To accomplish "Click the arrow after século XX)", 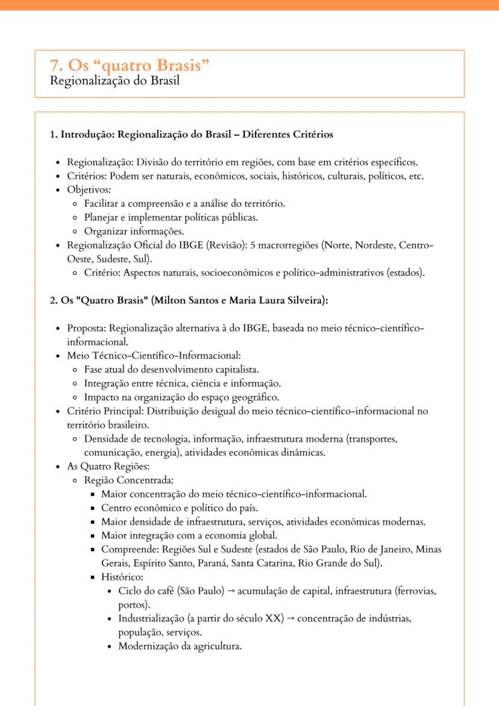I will click(290, 619).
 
